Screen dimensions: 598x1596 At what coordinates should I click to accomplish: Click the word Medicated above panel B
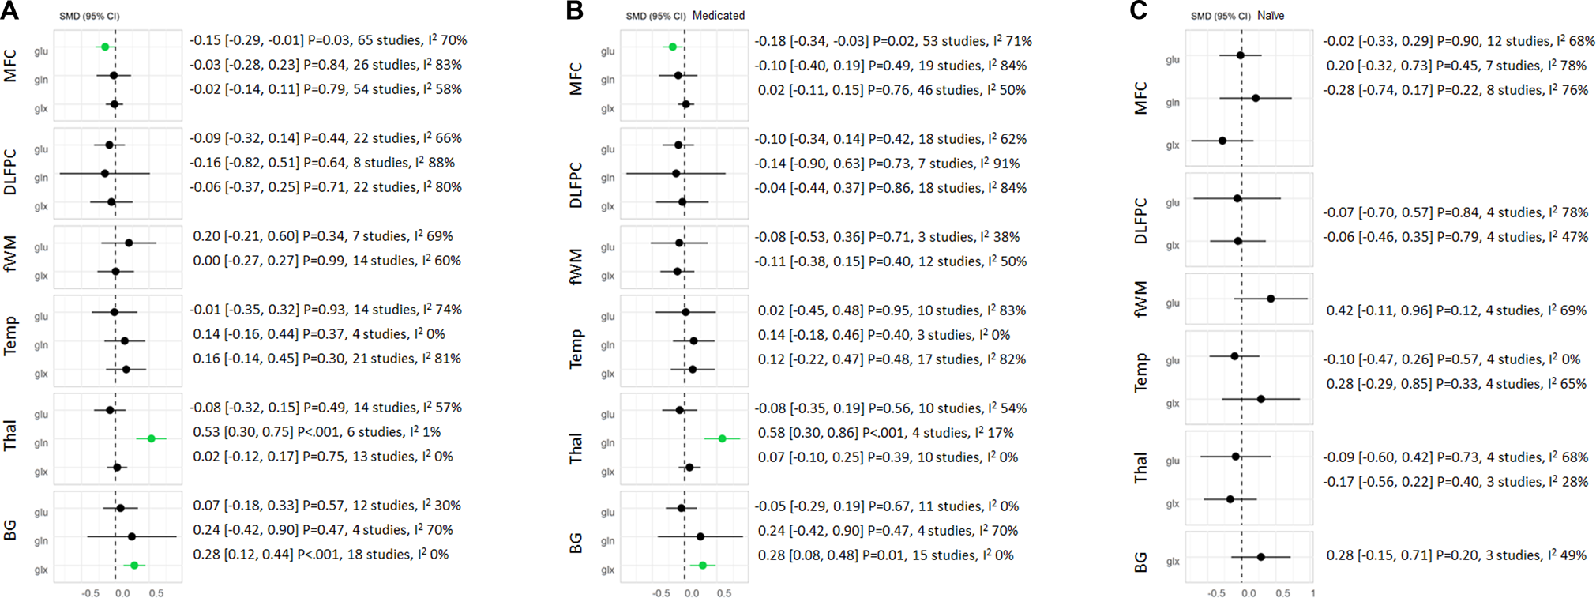click(718, 16)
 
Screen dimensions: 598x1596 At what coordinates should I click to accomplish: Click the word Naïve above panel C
click(1271, 16)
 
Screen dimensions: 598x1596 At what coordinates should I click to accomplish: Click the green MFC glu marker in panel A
click(105, 47)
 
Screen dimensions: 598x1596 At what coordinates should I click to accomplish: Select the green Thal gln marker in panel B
click(722, 438)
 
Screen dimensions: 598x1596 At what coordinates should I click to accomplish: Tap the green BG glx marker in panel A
click(134, 566)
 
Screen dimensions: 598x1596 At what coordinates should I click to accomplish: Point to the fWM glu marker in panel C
click(1271, 299)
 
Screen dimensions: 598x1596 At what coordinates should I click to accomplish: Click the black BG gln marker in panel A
click(131, 536)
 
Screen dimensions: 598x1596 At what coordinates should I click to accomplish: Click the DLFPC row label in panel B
click(576, 185)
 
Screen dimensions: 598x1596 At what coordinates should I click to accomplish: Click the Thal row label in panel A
click(10, 436)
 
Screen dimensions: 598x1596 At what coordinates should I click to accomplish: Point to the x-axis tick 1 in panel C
click(1312, 593)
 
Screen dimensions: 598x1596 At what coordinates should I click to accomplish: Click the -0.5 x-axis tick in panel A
click(90, 593)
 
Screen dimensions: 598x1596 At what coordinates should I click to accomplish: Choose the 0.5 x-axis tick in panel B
click(724, 593)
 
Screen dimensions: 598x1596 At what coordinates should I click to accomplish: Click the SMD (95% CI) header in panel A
click(90, 17)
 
